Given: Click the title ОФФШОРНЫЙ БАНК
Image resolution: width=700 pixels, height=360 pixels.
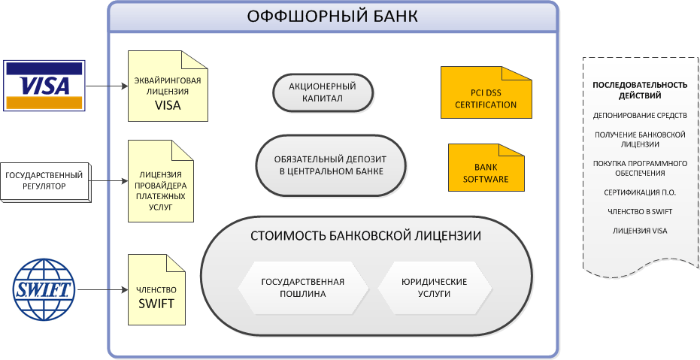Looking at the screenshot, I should coord(332,16).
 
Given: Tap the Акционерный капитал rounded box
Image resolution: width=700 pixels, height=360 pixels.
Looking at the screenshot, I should coord(323,92).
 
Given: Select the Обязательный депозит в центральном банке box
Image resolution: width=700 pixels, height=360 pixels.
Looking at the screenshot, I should coord(331,165).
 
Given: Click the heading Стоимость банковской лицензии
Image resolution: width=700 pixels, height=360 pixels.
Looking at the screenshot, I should coord(365,235).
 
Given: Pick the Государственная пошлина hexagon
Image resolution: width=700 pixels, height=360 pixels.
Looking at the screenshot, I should coord(303,287).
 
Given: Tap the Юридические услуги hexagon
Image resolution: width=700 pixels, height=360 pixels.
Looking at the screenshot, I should coord(435,287).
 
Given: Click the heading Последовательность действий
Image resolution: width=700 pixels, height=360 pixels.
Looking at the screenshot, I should coord(640,90).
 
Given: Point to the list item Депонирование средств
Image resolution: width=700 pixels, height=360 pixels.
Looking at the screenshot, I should coord(640,116).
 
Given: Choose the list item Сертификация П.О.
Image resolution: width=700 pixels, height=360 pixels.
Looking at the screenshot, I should coord(640,192).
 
